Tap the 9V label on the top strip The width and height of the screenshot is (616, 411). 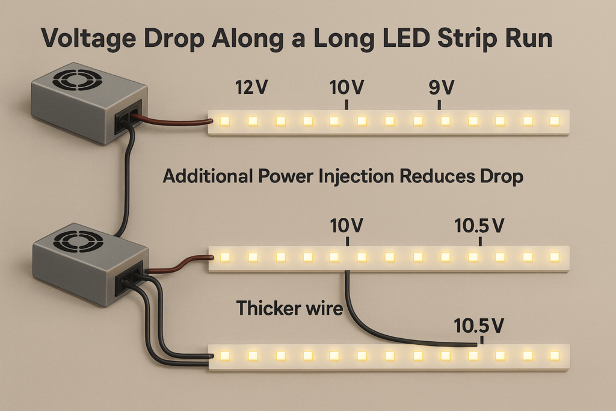[440, 88]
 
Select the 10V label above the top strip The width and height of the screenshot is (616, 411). [347, 88]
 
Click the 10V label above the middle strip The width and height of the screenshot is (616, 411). [347, 226]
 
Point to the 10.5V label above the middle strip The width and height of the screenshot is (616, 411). [479, 226]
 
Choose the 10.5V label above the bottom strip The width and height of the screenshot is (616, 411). [479, 326]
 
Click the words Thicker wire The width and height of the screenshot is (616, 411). [289, 308]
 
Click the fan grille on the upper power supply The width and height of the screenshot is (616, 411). [73, 81]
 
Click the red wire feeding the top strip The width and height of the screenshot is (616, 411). [174, 121]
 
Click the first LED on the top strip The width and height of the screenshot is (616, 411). [225, 121]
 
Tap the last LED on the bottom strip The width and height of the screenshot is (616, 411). [554, 356]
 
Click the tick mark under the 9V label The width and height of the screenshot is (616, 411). [440, 105]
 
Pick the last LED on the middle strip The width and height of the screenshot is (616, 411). [554, 258]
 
